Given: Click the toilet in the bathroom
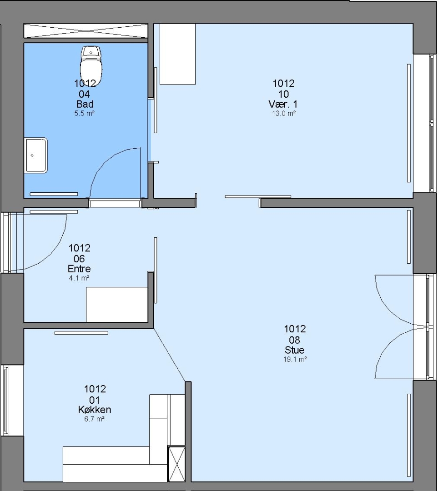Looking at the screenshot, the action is tap(91, 66).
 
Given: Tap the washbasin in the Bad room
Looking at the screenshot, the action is tap(36, 155).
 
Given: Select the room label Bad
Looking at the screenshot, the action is tap(85, 104).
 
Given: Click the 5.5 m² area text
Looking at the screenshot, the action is tap(84, 113).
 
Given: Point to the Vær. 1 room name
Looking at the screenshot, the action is tap(283, 104).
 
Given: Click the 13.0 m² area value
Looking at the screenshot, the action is tap(283, 113).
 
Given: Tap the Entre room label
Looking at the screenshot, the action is tap(79, 269).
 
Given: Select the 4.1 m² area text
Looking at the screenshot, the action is tap(79, 278).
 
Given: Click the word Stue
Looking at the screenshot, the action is tap(294, 350).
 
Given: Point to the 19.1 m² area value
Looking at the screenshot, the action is tap(295, 359).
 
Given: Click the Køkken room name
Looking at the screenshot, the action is tap(95, 410).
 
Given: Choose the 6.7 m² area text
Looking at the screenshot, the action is tap(94, 419).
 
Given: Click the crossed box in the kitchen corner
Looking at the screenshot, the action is tap(177, 464).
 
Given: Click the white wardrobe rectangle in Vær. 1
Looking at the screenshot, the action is tap(178, 54).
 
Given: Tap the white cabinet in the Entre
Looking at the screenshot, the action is tap(117, 304).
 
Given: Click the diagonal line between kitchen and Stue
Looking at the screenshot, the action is tap(170, 355).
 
